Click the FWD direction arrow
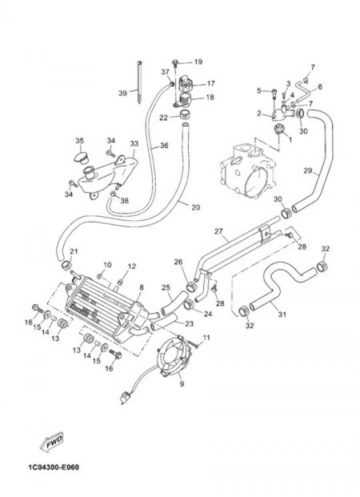[52, 442]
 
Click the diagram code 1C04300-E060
[53, 468]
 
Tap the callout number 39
[123, 93]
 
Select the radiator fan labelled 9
[175, 358]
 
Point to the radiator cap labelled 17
[186, 83]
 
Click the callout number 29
[308, 171]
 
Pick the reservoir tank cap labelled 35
[82, 157]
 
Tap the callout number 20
[196, 207]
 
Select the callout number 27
[219, 231]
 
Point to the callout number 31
[283, 314]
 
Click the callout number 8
[141, 288]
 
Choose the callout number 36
[164, 145]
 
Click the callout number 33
[134, 143]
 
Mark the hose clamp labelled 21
[66, 266]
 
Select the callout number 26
[178, 262]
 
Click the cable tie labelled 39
[139, 83]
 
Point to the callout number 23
[189, 324]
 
